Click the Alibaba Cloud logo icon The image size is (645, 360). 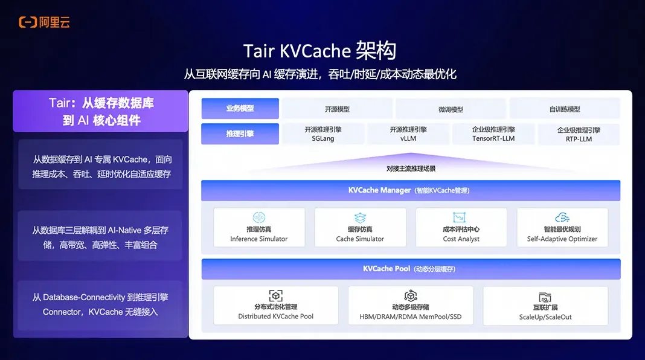28,22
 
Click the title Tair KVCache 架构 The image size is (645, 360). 319,50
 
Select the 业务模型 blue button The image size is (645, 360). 240,109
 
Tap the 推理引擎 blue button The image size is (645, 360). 240,134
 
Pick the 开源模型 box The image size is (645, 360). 337,109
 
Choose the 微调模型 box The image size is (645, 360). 451,109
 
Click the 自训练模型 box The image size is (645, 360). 565,109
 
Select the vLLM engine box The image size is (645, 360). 408,134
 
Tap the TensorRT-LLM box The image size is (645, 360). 493,134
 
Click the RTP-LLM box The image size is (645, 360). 579,134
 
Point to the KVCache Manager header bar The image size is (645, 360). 411,190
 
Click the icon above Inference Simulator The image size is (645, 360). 259,217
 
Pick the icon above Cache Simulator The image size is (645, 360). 360,217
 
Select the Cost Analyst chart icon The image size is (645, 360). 461,217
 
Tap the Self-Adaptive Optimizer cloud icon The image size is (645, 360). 562,217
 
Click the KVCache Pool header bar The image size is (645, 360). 411,269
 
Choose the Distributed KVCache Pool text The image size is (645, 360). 276,317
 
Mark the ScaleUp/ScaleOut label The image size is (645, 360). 545,317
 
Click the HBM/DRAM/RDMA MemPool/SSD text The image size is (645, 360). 411,317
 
